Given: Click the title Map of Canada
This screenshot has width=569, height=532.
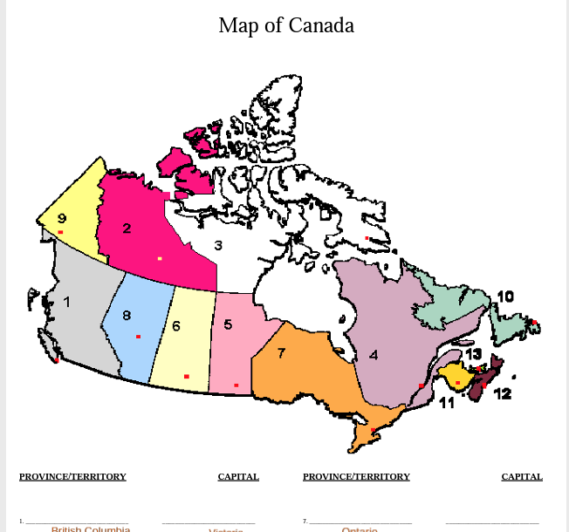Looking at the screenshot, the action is click(286, 25).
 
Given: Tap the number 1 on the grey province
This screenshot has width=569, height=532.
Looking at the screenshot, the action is click(66, 302).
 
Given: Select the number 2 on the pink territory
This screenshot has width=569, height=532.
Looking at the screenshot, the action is click(127, 228).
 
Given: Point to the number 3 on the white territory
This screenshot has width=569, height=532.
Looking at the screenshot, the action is click(218, 246).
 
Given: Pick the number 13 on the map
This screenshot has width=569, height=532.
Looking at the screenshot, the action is click(473, 354).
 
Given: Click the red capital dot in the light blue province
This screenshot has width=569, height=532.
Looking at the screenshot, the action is click(138, 337).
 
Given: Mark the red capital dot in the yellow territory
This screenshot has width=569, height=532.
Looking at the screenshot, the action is click(60, 232).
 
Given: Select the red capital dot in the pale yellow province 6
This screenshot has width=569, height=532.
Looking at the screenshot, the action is click(186, 377).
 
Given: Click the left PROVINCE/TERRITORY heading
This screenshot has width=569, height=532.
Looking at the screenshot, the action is click(72, 477).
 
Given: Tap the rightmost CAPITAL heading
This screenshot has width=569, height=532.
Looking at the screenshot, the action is click(522, 477).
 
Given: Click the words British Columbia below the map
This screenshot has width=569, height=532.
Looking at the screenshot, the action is click(91, 529).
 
